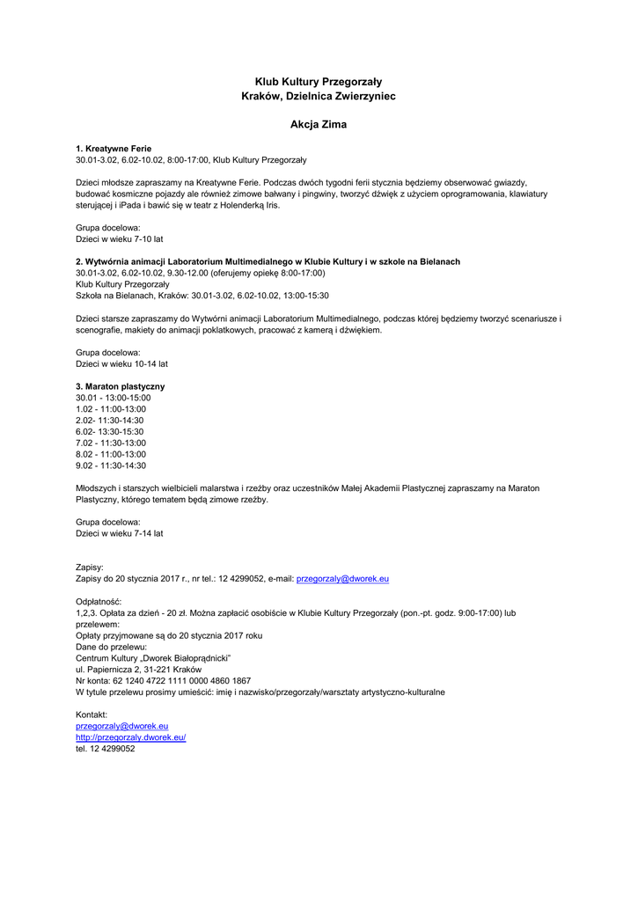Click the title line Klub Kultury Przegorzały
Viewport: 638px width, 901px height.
[319, 81]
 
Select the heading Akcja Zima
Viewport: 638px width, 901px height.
[319, 125]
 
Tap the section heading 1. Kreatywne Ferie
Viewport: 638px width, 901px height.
[114, 149]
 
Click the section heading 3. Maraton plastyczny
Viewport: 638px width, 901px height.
[120, 386]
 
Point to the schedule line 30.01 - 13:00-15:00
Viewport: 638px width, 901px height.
[113, 398]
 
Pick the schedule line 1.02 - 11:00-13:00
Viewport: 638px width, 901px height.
[111, 409]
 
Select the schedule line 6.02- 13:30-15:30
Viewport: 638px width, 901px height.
[109, 432]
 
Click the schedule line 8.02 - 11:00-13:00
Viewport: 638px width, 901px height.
[111, 454]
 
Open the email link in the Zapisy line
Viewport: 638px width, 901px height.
[342, 579]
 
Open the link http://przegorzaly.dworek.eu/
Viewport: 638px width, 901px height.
[130, 737]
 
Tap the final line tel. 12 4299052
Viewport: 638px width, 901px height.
[105, 749]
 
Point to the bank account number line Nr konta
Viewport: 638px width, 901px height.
[163, 681]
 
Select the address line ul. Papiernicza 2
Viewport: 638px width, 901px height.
[138, 670]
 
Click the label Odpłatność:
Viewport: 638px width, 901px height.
[99, 601]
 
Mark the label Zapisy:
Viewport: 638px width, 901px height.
[90, 568]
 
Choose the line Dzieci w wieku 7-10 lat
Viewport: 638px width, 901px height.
[119, 238]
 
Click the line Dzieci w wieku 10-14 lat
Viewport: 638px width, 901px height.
[121, 363]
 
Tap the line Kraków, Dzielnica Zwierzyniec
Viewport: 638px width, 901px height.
[319, 96]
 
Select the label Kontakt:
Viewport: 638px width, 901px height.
[92, 714]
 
